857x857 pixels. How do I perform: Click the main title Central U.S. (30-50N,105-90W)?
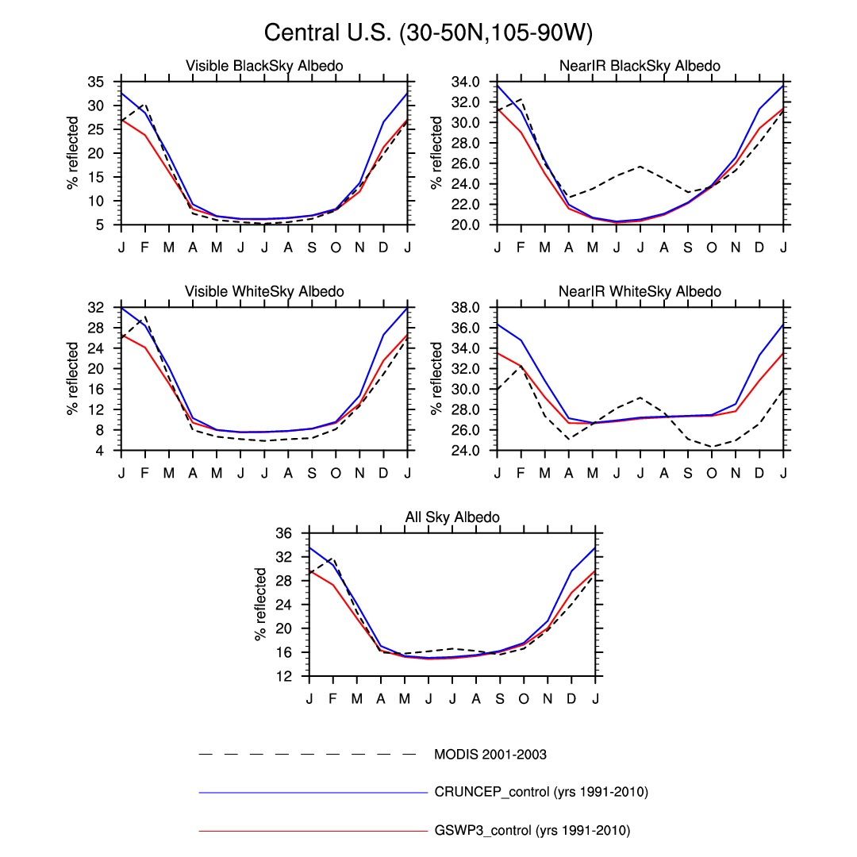click(428, 33)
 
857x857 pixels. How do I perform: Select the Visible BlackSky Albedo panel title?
click(264, 66)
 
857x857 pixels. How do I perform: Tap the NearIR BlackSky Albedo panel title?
click(640, 66)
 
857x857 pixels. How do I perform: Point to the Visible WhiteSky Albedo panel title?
click(264, 292)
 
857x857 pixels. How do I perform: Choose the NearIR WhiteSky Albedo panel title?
click(640, 292)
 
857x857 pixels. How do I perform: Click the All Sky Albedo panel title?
click(452, 517)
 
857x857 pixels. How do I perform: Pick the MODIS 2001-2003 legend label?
click(490, 754)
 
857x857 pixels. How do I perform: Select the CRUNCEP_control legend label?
click(541, 792)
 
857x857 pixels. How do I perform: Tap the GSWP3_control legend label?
click(532, 831)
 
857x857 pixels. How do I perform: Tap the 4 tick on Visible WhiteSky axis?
click(108, 451)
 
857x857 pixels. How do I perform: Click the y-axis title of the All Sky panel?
click(260, 604)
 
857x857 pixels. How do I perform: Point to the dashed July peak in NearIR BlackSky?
click(640, 166)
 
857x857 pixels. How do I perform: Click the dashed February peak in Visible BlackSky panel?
click(145, 104)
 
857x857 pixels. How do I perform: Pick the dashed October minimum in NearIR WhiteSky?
click(711, 447)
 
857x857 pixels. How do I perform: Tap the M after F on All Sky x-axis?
click(357, 698)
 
